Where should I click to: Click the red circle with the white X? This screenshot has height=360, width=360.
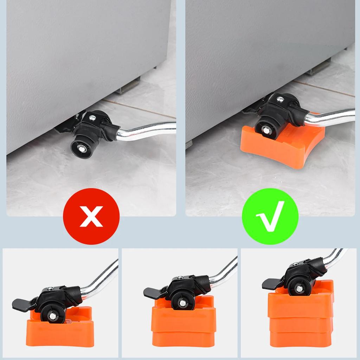coord(91,216)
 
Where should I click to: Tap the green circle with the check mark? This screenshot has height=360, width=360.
coord(270,216)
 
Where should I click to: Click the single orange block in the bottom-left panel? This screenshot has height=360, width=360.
coord(60,330)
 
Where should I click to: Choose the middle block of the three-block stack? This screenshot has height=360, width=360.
coord(301,325)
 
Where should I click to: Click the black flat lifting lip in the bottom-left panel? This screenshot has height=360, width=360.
coord(22,304)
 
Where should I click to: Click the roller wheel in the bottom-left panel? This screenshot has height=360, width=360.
coord(52,315)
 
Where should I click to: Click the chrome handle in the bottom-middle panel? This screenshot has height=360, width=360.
coord(225,272)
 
